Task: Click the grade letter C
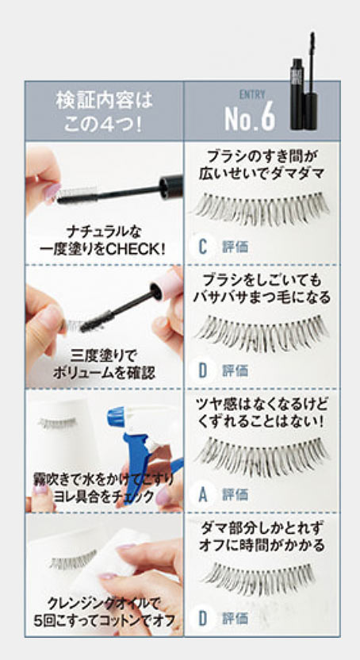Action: [x=203, y=247]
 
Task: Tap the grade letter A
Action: [x=203, y=494]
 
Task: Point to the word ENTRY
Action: [x=252, y=94]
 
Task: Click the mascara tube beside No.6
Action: [x=304, y=82]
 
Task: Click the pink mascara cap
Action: [x=167, y=285]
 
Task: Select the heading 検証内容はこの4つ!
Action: [x=104, y=113]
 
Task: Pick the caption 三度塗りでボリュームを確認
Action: [x=104, y=364]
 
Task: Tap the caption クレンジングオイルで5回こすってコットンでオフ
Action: [x=104, y=612]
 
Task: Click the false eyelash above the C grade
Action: [x=262, y=209]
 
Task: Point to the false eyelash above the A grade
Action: [x=262, y=457]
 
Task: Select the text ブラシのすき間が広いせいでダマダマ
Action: [x=262, y=165]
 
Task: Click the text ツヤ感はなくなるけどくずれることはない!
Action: [x=262, y=413]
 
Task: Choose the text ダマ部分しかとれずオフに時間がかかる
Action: [x=262, y=537]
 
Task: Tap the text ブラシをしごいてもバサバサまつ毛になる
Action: [x=262, y=289]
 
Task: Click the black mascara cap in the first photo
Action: [x=171, y=187]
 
